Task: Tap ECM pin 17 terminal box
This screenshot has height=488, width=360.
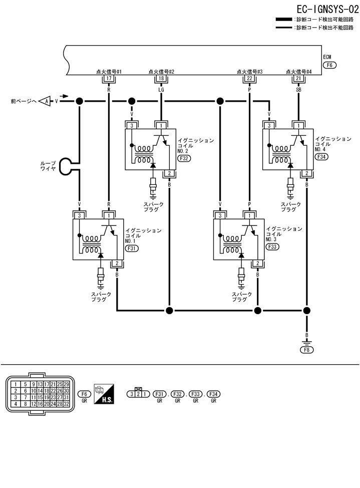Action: [x=109, y=78]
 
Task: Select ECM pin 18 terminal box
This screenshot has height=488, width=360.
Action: [x=161, y=78]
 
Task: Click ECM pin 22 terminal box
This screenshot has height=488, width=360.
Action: [x=249, y=78]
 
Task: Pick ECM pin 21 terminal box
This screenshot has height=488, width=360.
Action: [x=298, y=78]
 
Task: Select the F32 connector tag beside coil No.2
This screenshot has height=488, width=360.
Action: [x=184, y=158]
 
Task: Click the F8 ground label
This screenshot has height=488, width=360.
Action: [x=306, y=350]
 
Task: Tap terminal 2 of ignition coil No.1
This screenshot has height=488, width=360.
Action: [x=117, y=263]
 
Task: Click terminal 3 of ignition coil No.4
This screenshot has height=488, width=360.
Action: [x=269, y=125]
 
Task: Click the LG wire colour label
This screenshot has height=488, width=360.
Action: [x=161, y=90]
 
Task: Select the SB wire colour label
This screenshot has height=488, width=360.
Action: [x=298, y=90]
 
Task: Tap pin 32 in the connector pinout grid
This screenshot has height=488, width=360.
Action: [x=66, y=403]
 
